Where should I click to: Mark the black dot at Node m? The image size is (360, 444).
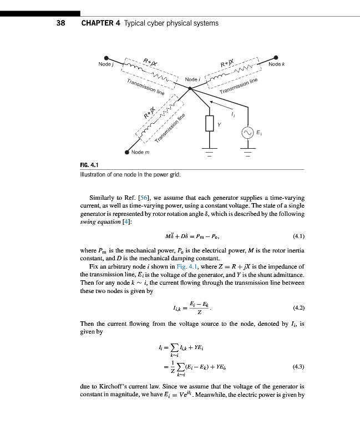[127, 152]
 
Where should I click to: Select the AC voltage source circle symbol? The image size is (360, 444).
[247, 133]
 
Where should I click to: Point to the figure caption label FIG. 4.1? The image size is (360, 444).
[90, 164]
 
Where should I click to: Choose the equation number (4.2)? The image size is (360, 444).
[297, 307]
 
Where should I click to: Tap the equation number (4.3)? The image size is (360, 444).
[297, 367]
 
